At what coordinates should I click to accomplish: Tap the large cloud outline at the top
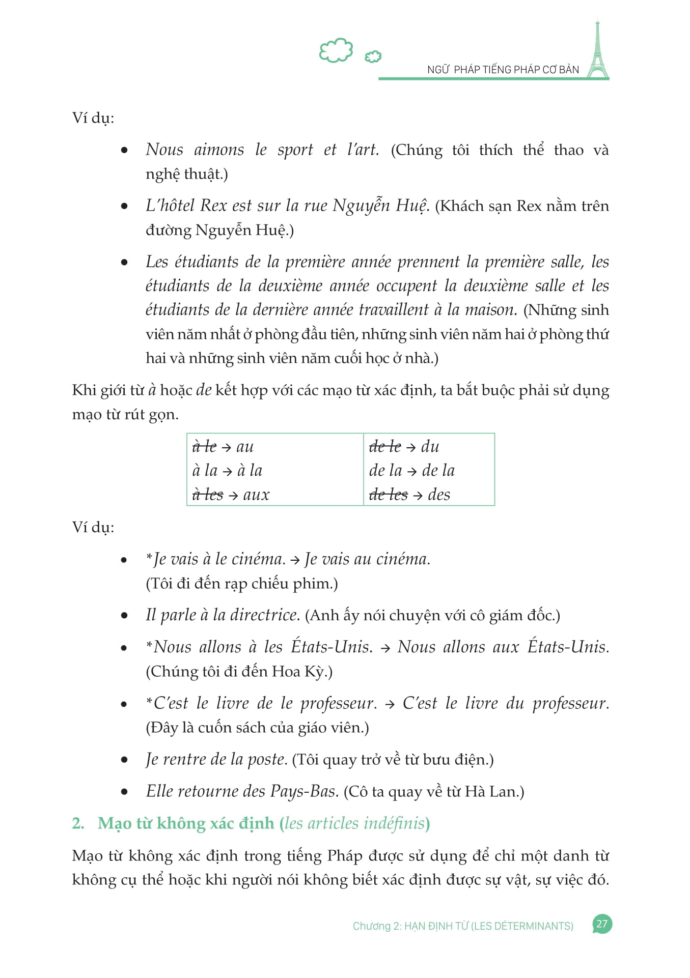coord(336,50)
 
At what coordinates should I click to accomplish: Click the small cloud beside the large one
coord(373,56)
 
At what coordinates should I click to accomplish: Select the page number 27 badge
coord(602,924)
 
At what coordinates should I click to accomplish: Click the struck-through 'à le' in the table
coord(204,446)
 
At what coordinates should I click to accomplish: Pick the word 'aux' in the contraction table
coord(256,495)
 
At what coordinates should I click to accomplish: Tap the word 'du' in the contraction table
coord(430,446)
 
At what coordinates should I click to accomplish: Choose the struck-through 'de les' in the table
coord(388,495)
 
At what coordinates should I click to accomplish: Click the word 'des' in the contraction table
coord(439,495)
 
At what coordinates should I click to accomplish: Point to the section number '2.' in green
coord(78,823)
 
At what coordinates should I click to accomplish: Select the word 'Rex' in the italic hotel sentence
coord(213,206)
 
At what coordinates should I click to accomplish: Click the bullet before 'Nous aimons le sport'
coord(124,150)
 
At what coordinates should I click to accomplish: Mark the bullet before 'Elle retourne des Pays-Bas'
coord(124,792)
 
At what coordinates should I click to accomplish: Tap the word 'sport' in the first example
coord(295,150)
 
